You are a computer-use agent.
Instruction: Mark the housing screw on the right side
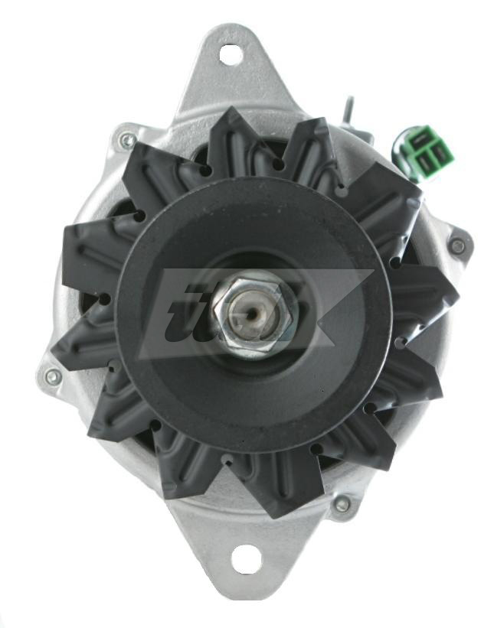(457, 246)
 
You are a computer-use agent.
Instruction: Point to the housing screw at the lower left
(52, 376)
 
